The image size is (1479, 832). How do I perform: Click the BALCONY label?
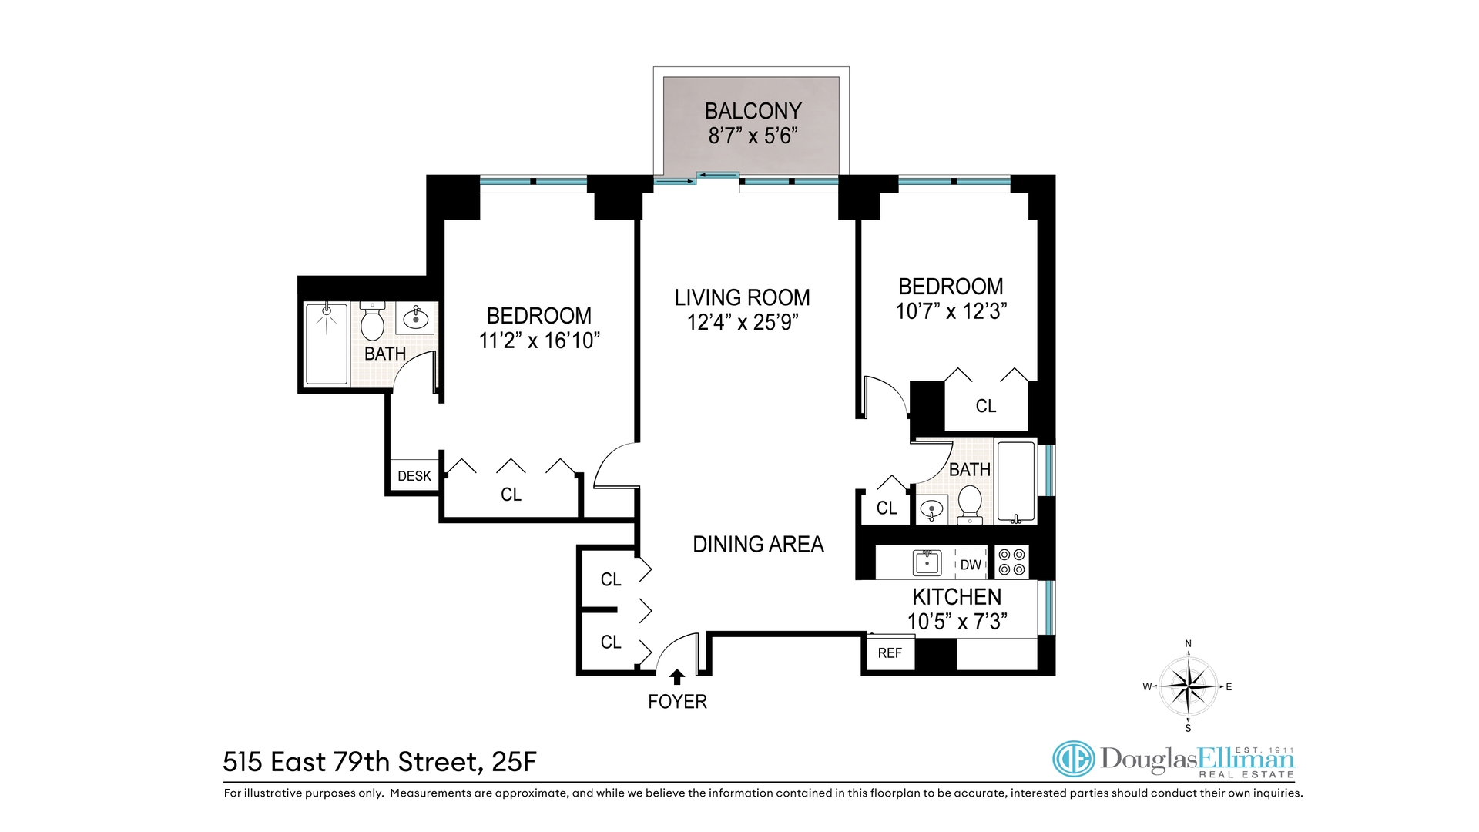point(753,111)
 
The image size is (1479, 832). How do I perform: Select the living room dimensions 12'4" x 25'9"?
point(743,322)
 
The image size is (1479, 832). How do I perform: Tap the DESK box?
point(414,476)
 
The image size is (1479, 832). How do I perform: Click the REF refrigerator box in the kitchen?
point(890,653)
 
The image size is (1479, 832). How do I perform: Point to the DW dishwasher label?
point(971,565)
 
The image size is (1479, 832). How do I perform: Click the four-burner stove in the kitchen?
point(1011,562)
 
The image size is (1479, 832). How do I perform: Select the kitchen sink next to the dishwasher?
point(927,562)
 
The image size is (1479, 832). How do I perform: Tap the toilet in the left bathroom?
point(372,322)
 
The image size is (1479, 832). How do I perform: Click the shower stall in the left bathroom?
point(327,344)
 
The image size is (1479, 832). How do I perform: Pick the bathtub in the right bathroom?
point(1015,482)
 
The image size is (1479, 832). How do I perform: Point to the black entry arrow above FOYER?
point(677,676)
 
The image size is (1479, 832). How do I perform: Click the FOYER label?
point(677,702)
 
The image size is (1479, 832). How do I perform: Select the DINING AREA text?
point(758,545)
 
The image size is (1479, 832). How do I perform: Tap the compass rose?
point(1188,686)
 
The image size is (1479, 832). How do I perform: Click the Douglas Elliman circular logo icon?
point(1074,760)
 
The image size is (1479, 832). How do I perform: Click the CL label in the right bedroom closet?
point(985,406)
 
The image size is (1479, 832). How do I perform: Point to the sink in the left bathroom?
point(416,317)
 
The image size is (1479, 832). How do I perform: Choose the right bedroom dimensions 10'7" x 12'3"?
point(951,311)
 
